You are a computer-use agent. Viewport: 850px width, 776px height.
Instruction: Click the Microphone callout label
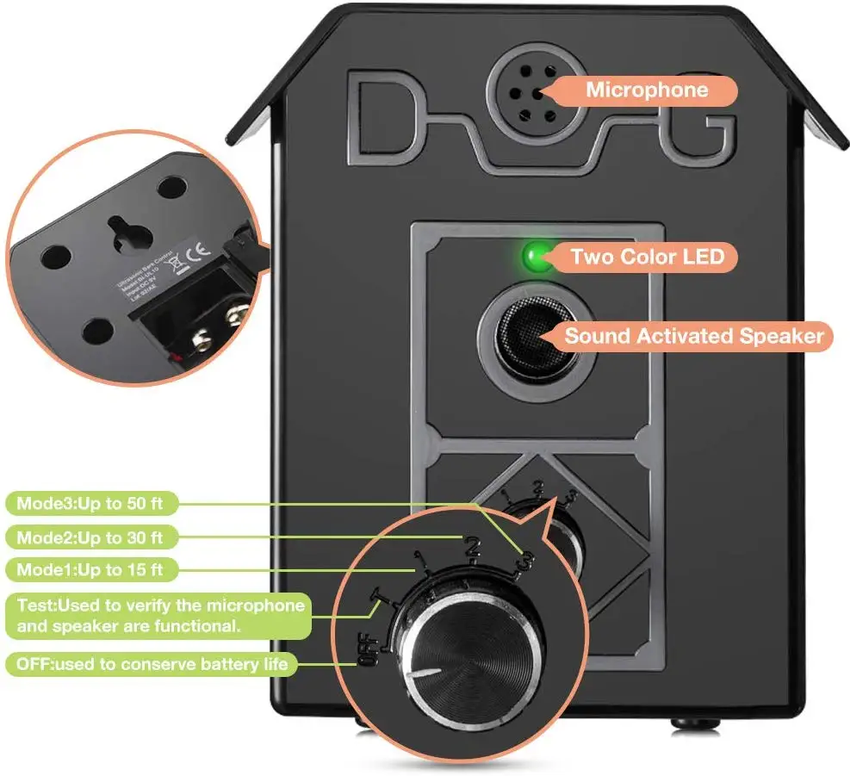point(648,90)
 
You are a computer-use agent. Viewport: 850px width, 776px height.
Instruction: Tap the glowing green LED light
point(534,256)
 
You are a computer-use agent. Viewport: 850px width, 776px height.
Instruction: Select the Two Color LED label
point(647,257)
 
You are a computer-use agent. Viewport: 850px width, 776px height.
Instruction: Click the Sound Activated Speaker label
point(694,335)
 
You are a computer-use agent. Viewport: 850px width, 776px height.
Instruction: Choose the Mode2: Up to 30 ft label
point(91,537)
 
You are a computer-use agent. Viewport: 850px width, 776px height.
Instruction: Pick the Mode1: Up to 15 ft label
point(91,569)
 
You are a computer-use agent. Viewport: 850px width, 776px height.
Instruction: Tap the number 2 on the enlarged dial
point(472,546)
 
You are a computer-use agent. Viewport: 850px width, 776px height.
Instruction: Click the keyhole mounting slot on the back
point(116,229)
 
